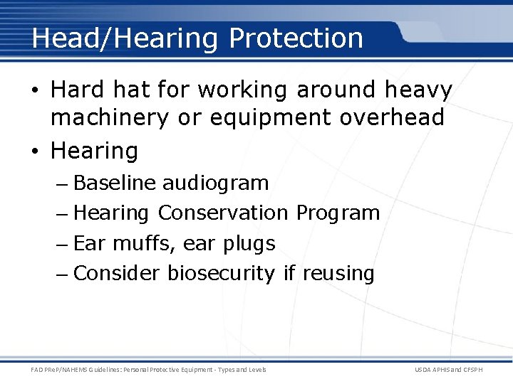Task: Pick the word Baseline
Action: (114, 183)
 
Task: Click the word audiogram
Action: (215, 183)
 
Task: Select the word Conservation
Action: (222, 213)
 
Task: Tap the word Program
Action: (338, 213)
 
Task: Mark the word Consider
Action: (117, 273)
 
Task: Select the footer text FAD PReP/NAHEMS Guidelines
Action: (88, 370)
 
